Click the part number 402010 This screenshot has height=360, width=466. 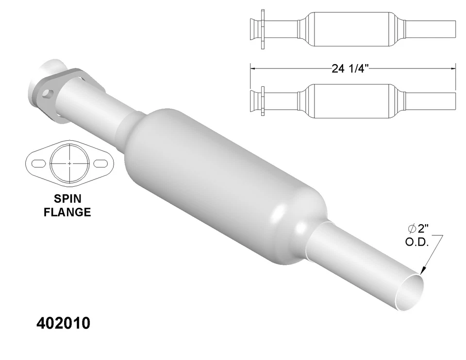tap(63, 324)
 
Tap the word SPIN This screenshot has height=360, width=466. tap(67, 199)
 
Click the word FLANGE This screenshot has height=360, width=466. tap(67, 212)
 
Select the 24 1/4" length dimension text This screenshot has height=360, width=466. tap(351, 68)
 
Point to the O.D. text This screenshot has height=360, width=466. tap(417, 242)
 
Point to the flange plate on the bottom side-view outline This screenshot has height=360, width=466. tap(262, 101)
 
